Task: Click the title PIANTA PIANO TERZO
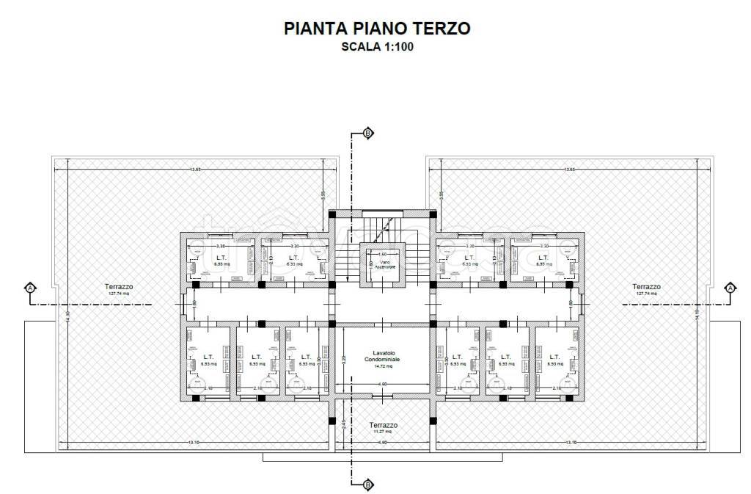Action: (377, 29)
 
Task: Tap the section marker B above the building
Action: (367, 133)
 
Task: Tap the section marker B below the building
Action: (367, 484)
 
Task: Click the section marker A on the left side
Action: (30, 287)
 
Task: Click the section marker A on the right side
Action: (730, 287)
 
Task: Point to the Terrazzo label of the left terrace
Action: (120, 287)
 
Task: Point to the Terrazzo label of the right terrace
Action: (646, 287)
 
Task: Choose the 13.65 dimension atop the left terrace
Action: (195, 170)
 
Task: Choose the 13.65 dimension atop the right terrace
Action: (570, 170)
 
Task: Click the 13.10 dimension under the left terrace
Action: (194, 443)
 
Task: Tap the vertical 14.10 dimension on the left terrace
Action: (67, 313)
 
